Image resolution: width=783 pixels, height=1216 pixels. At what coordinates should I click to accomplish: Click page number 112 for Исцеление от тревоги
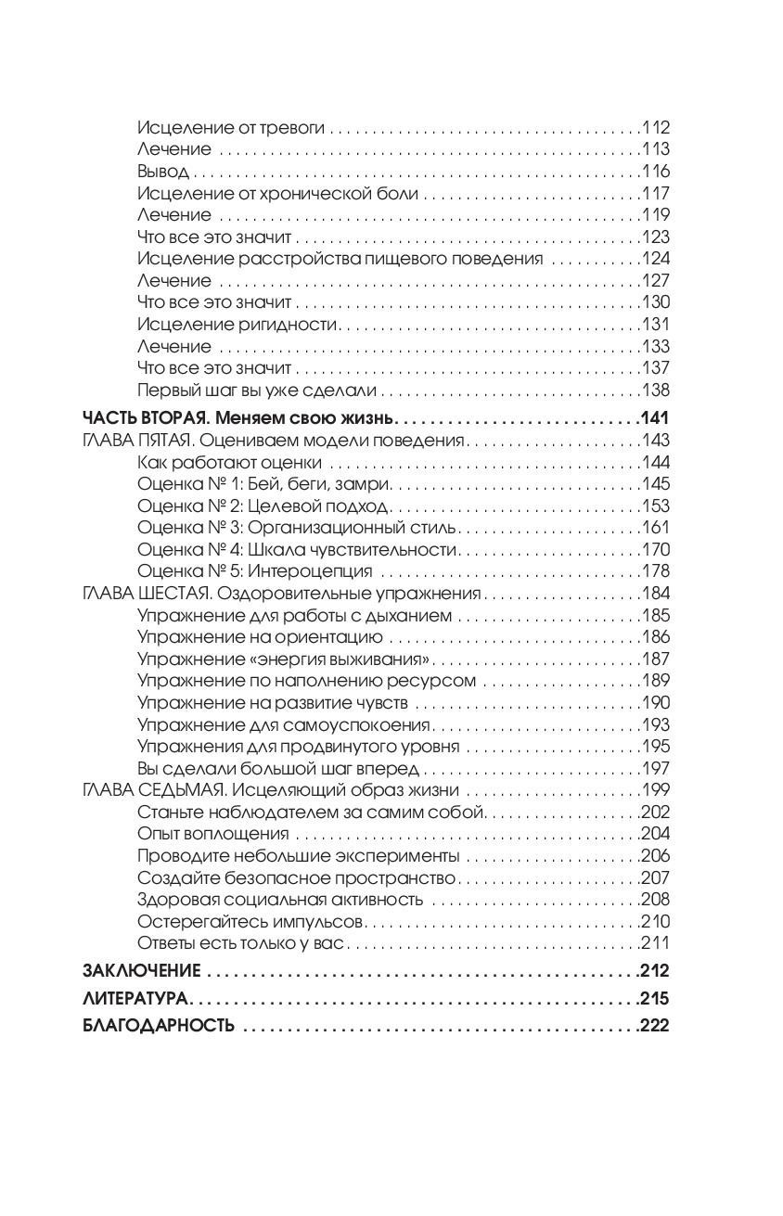[655, 128]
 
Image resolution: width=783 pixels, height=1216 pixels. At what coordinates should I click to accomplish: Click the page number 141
[654, 417]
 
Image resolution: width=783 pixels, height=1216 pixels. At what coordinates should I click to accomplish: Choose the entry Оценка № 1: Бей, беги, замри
[264, 484]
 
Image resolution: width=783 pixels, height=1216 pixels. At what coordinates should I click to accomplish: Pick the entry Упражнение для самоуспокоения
[284, 725]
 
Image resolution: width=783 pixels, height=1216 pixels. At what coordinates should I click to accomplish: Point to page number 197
[655, 769]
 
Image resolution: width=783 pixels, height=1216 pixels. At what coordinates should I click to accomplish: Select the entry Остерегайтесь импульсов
[251, 922]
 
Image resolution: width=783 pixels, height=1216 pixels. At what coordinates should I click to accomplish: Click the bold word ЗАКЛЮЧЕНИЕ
[142, 972]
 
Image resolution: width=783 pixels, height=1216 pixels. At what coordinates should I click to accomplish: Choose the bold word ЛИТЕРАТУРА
[135, 999]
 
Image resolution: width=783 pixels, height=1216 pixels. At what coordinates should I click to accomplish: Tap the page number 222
[654, 1026]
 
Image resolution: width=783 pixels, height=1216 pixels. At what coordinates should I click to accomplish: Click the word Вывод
[162, 172]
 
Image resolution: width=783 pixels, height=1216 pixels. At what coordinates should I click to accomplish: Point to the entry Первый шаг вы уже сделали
[257, 390]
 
